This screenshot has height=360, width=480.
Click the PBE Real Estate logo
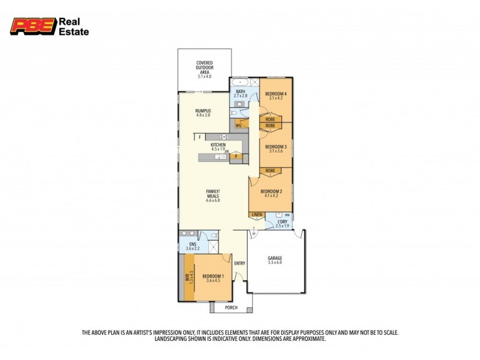click(x=49, y=26)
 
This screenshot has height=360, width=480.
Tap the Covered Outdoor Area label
click(x=205, y=70)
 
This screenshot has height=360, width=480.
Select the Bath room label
click(x=240, y=94)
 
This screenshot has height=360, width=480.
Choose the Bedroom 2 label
click(x=271, y=193)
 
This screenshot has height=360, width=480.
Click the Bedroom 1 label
click(x=213, y=277)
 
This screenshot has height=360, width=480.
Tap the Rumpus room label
click(x=203, y=112)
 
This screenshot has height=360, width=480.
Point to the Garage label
click(x=274, y=260)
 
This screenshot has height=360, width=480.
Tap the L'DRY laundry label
click(x=282, y=224)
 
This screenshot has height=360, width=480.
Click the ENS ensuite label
click(x=193, y=246)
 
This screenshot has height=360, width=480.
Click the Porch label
click(x=231, y=308)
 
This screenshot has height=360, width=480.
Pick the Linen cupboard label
click(x=257, y=214)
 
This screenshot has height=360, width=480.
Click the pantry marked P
click(x=237, y=157)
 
